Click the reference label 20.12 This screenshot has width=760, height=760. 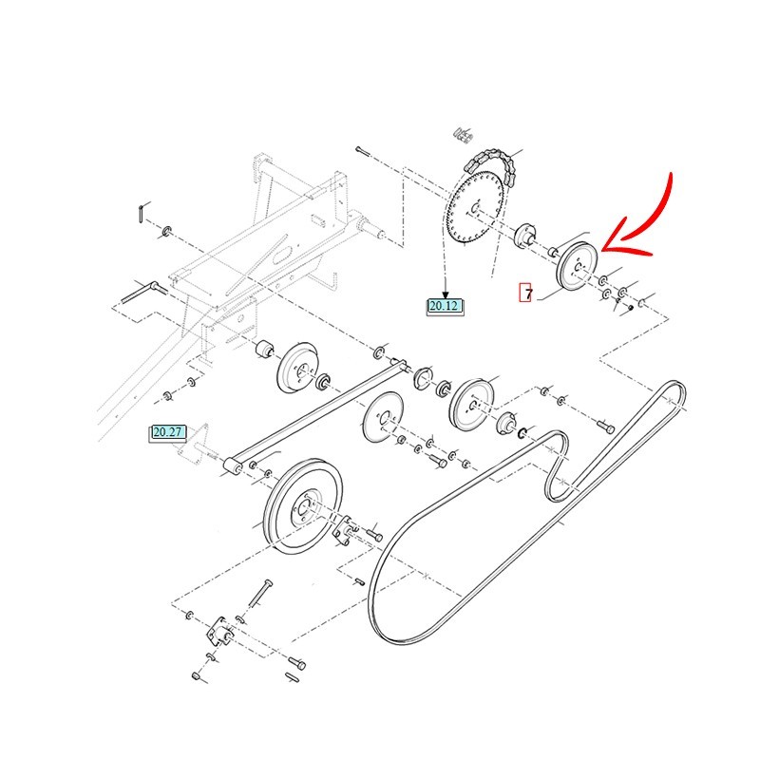click(x=445, y=306)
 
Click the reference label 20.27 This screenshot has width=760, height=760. click(x=167, y=432)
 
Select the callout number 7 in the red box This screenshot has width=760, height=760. click(x=526, y=293)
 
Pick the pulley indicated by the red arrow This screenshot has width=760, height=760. click(x=578, y=267)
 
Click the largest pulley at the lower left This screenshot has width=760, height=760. click(x=303, y=507)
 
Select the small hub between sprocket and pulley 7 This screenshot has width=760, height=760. click(x=525, y=236)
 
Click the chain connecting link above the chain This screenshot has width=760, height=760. click(x=463, y=135)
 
